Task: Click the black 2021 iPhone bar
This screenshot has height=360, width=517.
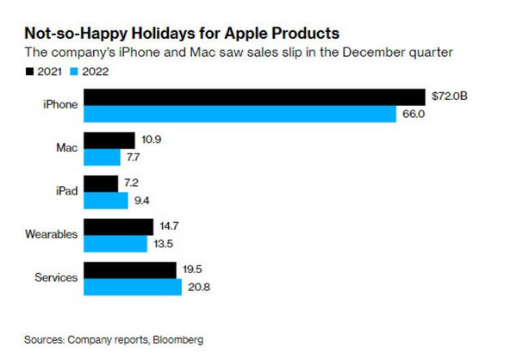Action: tap(254, 97)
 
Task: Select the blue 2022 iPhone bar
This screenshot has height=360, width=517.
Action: tap(240, 114)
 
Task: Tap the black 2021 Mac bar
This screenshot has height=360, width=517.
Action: tap(109, 140)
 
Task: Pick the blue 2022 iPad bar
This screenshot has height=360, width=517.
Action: tap(106, 201)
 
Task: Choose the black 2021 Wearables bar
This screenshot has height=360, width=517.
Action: tap(118, 227)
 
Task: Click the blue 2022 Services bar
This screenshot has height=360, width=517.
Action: tap(133, 287)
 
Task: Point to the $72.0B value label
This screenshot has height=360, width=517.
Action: tap(450, 96)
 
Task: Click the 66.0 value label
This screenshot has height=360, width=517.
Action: tap(414, 114)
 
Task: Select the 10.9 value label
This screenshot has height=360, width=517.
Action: tap(152, 140)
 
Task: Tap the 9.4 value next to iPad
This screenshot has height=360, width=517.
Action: tap(142, 201)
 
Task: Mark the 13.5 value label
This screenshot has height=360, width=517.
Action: tap(163, 244)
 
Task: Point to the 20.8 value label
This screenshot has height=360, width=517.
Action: tap(199, 287)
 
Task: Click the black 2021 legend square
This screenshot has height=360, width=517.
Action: tap(29, 71)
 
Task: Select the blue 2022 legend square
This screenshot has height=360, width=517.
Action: tap(74, 71)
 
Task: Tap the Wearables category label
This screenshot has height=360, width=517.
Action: tap(51, 234)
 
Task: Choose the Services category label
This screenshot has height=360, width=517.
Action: tap(56, 277)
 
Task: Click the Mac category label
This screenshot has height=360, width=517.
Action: tap(67, 147)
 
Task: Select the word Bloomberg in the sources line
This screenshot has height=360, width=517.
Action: tap(178, 340)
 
